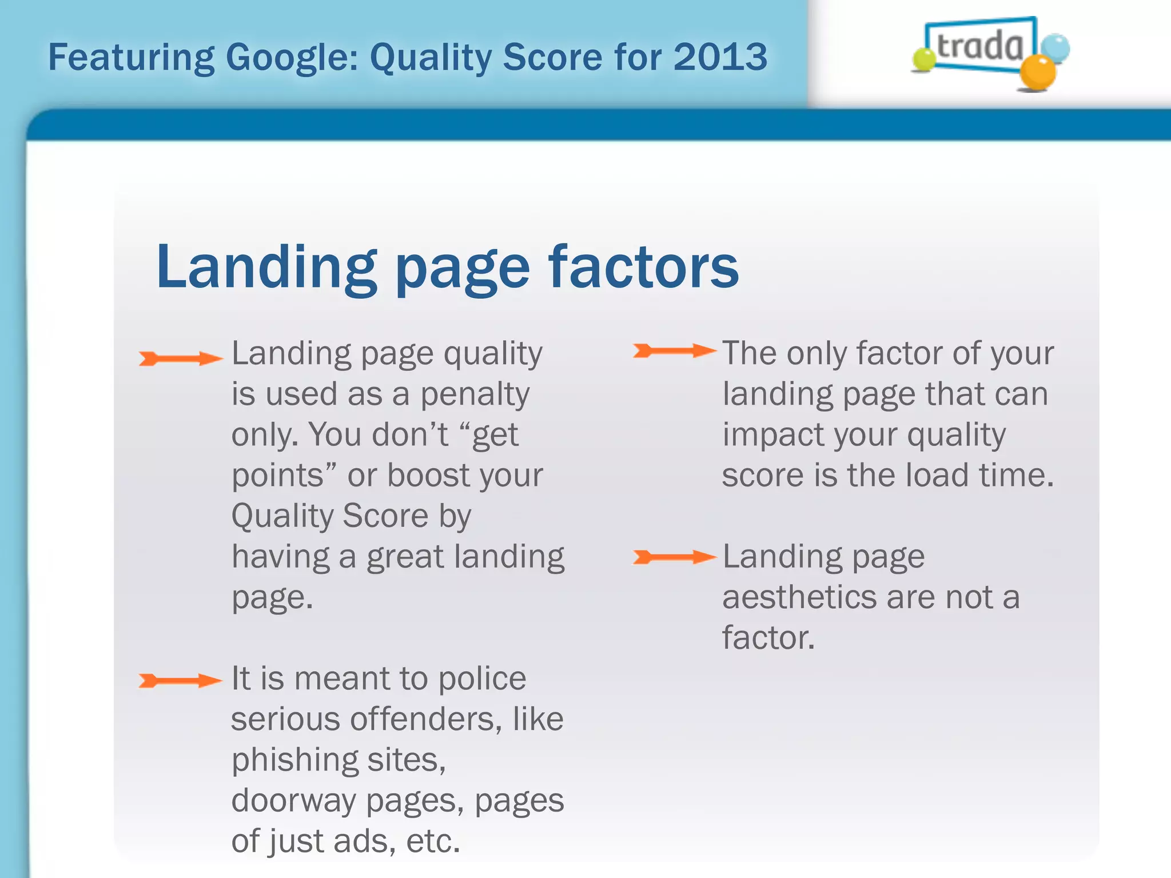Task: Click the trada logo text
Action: click(980, 46)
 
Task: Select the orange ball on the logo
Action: click(1038, 73)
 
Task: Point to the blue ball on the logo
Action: click(1055, 48)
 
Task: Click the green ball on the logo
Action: click(923, 59)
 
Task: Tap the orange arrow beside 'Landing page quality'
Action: click(181, 358)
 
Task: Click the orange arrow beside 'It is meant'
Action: click(181, 680)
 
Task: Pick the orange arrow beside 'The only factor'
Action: click(675, 350)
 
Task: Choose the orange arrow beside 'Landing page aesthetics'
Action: click(675, 557)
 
